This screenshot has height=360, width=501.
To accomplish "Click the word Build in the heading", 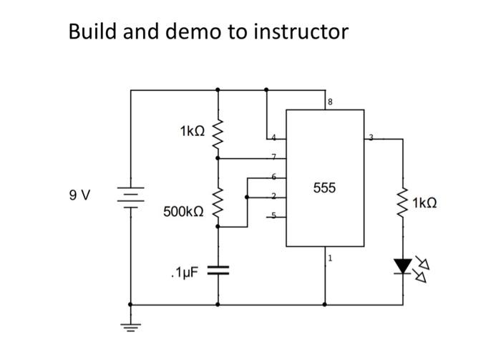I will [x=92, y=31].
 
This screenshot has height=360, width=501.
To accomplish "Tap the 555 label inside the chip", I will [x=324, y=188].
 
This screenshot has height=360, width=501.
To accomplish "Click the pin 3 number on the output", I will [x=371, y=136].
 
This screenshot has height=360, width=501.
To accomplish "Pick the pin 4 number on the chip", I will [x=272, y=136].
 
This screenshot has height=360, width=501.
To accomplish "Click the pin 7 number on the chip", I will [x=272, y=155].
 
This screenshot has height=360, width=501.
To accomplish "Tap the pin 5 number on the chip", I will [x=272, y=214].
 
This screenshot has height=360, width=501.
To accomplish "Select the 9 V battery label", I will [x=80, y=195].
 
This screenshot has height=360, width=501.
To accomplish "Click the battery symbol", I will [x=131, y=195].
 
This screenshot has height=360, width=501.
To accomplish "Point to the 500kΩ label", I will [x=183, y=212].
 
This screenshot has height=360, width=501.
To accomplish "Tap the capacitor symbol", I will [x=218, y=271].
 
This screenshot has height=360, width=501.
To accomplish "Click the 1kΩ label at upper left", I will [x=193, y=131].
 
